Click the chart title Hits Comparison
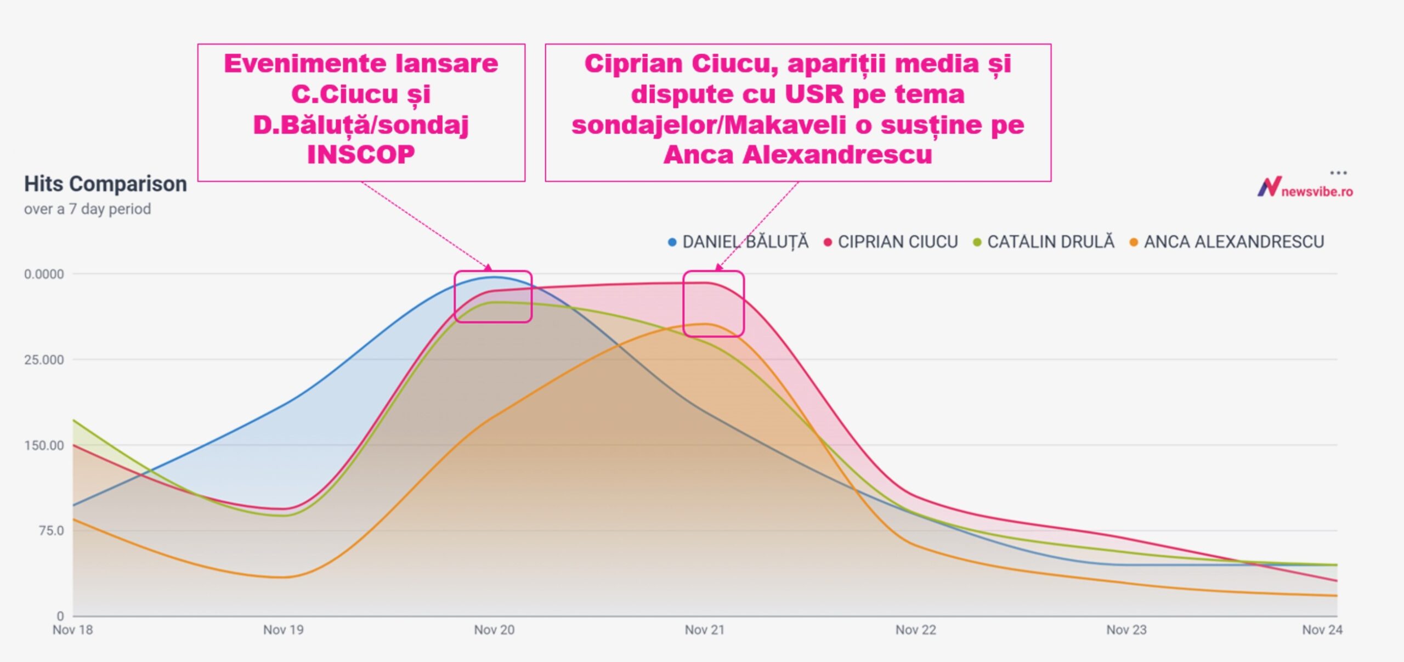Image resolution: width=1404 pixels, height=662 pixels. point(105,184)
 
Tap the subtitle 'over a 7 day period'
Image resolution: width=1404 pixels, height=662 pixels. point(87,209)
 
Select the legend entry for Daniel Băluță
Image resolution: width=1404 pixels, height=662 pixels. point(738,242)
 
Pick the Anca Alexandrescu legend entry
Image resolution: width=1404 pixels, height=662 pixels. point(1227,242)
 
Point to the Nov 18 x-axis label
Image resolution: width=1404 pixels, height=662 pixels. point(72,630)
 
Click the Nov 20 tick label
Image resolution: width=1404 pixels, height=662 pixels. point(494,630)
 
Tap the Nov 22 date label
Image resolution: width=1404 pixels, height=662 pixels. point(915,630)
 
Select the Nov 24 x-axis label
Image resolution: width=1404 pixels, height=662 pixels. point(1322,630)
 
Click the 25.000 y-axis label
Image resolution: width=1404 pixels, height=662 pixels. point(44,360)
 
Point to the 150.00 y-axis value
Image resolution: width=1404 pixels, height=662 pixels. point(44,445)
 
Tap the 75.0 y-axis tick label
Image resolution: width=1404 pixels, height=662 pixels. point(51,531)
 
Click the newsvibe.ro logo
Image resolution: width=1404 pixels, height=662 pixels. point(1305,188)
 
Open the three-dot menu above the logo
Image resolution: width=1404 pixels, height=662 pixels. point(1338,173)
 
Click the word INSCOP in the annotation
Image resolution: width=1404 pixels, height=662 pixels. point(361,155)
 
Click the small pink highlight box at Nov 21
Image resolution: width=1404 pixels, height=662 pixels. point(714,303)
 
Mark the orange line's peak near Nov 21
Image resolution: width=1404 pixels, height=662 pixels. point(706,324)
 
